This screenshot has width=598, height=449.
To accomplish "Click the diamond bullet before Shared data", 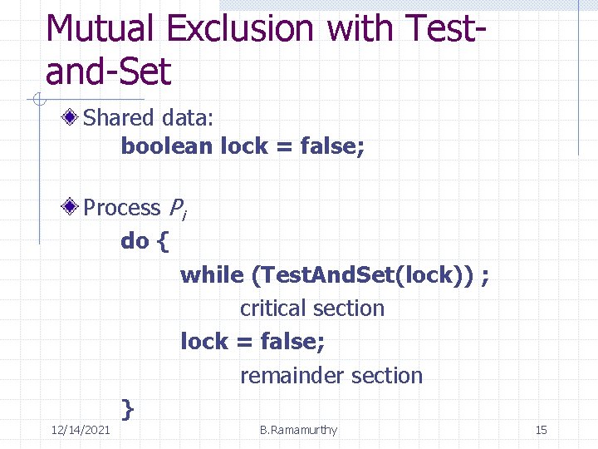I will coord(74,118).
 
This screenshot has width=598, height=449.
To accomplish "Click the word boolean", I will coord(167,146).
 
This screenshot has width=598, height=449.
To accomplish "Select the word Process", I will coord(122,207).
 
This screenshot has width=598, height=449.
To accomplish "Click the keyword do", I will coord(135,241).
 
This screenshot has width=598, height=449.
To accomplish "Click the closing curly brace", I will coord(127,408).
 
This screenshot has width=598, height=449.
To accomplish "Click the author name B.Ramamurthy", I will coord(298,430).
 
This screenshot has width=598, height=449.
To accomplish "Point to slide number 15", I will coord(541,430).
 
